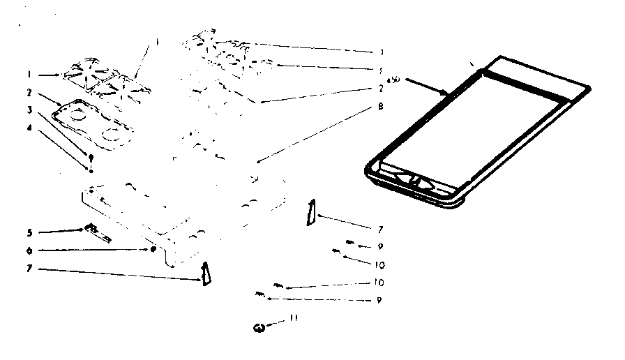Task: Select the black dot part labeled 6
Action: click(152, 249)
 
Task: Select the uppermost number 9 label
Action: click(381, 246)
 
